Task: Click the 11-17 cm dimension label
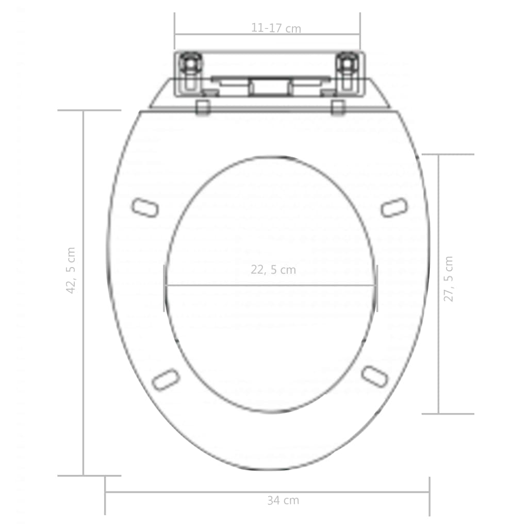click(276, 28)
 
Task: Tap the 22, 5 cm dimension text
click(273, 270)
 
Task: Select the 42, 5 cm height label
click(71, 270)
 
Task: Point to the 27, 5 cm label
click(449, 278)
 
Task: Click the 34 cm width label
click(283, 500)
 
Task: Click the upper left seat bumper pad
click(144, 208)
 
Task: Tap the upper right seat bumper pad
click(394, 207)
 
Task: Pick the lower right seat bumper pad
click(374, 376)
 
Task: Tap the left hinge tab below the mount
click(203, 107)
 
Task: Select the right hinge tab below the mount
click(338, 107)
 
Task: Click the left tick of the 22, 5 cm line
click(164, 288)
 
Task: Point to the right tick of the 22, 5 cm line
click(377, 288)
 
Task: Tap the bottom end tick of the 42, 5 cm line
click(89, 475)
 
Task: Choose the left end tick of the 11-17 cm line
click(175, 31)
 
